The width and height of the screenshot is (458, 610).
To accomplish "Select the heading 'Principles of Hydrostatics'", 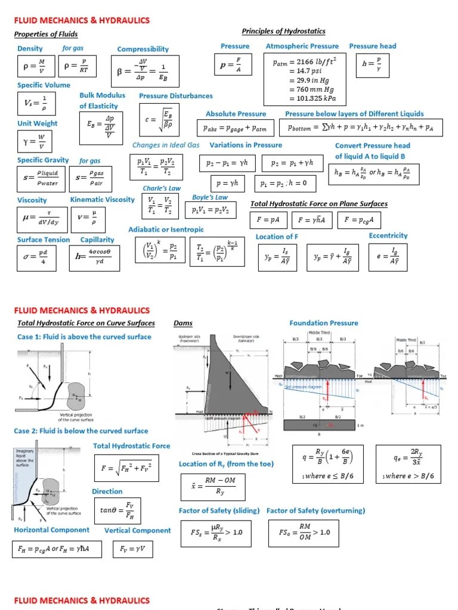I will point(283,31).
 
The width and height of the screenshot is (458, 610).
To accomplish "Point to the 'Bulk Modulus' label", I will point(103,95).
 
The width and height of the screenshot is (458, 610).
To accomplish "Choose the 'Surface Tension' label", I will point(44,239).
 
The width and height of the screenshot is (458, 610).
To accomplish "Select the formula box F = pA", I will point(268,220).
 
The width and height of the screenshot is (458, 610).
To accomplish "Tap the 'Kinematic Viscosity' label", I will point(103,200).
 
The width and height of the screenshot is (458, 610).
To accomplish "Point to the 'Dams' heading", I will point(183,323).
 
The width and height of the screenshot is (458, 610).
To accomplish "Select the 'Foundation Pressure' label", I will point(324,323).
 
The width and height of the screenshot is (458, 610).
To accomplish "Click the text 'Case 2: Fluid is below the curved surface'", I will point(81,431).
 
